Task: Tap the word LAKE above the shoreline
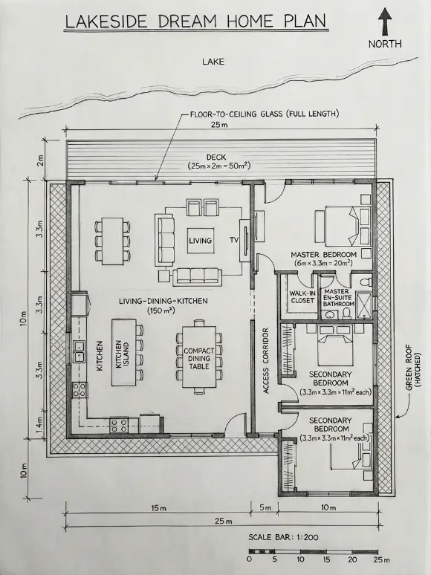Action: (x=213, y=62)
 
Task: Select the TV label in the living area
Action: (x=234, y=240)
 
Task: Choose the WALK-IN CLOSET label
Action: (x=302, y=297)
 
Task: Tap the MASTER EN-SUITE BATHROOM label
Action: (x=337, y=297)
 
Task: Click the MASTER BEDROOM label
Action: (x=323, y=255)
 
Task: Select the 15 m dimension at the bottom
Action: (x=158, y=508)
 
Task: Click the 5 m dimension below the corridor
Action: (x=265, y=508)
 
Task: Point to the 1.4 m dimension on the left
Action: (x=39, y=423)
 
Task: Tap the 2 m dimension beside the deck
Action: (x=40, y=160)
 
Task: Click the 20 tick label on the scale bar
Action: (x=352, y=559)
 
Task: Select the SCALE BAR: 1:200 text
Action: (x=283, y=538)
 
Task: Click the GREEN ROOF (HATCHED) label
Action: (x=412, y=368)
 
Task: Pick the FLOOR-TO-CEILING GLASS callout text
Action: (x=264, y=114)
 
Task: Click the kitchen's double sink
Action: (x=79, y=351)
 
